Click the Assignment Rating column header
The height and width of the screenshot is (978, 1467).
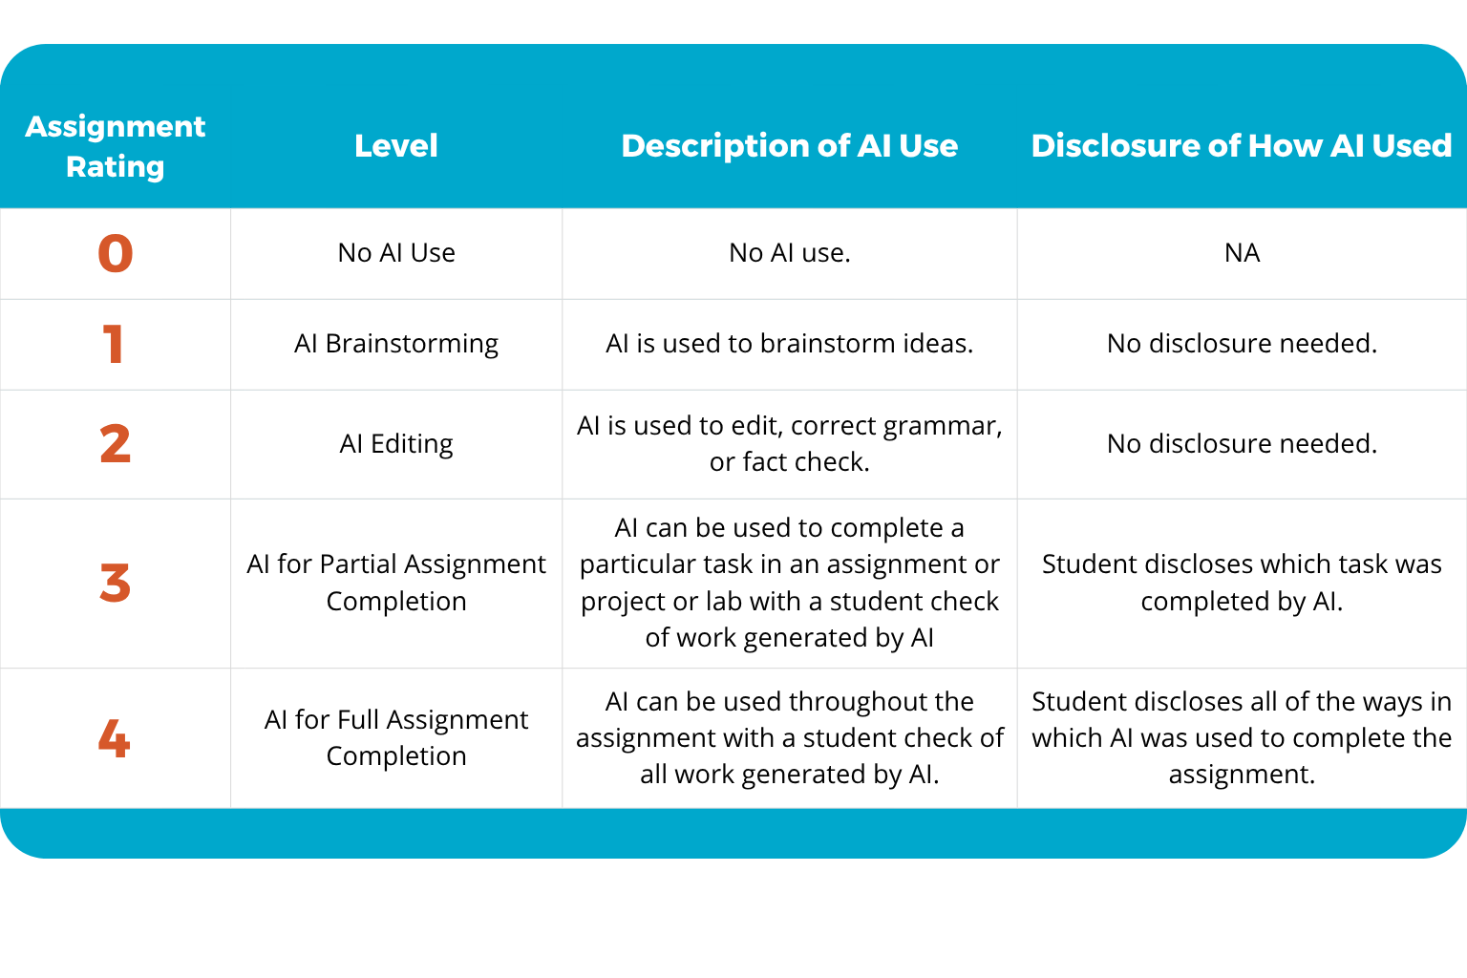coord(115,146)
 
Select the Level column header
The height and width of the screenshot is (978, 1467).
coord(395,145)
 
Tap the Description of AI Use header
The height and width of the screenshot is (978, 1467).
coord(789,145)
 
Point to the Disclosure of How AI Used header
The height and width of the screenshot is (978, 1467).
coord(1241,145)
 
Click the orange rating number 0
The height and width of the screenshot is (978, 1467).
coord(115,253)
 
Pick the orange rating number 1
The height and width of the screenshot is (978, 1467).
coord(114,344)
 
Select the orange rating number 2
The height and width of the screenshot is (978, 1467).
coord(115,444)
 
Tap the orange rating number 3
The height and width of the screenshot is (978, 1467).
coord(115,583)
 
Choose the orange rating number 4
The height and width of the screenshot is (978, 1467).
coord(114,738)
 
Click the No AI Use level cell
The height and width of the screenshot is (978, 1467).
coord(396,253)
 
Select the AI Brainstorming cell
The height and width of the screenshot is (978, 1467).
coord(396,344)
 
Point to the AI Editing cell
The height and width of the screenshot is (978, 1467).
coord(396,444)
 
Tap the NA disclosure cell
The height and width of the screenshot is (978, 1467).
coord(1242,253)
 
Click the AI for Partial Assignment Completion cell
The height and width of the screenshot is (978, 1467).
coord(396,583)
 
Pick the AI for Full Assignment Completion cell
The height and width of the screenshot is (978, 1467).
coord(396,737)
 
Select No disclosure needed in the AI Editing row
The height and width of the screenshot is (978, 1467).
coord(1242,444)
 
